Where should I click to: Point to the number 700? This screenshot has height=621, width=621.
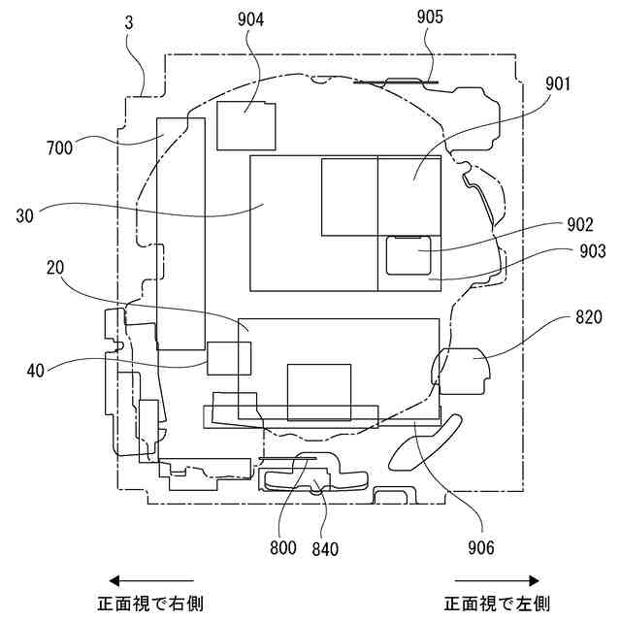[x=61, y=147]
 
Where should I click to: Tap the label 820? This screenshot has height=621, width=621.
[x=588, y=317]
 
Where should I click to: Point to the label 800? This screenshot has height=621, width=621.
[x=283, y=548]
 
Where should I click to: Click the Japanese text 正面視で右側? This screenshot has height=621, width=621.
[x=150, y=603]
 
